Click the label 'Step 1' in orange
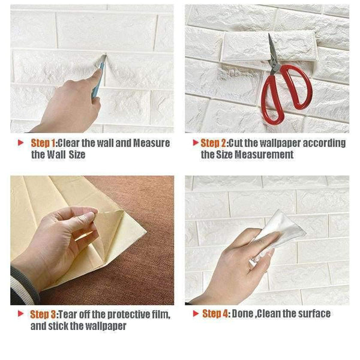click(x=43, y=143)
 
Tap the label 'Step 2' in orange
click(x=213, y=143)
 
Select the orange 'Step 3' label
click(x=43, y=314)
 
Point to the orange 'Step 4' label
click(x=215, y=314)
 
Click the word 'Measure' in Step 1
click(x=152, y=143)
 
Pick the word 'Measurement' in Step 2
click(x=264, y=154)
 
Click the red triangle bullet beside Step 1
click(x=20, y=143)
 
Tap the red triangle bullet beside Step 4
click(x=196, y=313)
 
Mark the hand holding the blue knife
click(x=69, y=103)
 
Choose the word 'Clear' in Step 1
click(x=68, y=143)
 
